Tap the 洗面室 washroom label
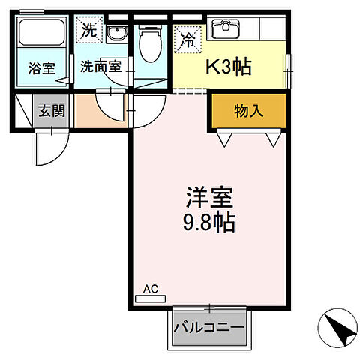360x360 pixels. point(101,65)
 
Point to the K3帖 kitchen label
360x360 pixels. point(229,66)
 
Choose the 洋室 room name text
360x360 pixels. point(210,199)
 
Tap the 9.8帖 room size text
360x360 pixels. point(210,223)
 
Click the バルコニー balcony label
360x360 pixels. point(209,328)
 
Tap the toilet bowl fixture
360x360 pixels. point(149,44)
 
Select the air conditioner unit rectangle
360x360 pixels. point(149,298)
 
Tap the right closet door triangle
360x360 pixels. point(273,139)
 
